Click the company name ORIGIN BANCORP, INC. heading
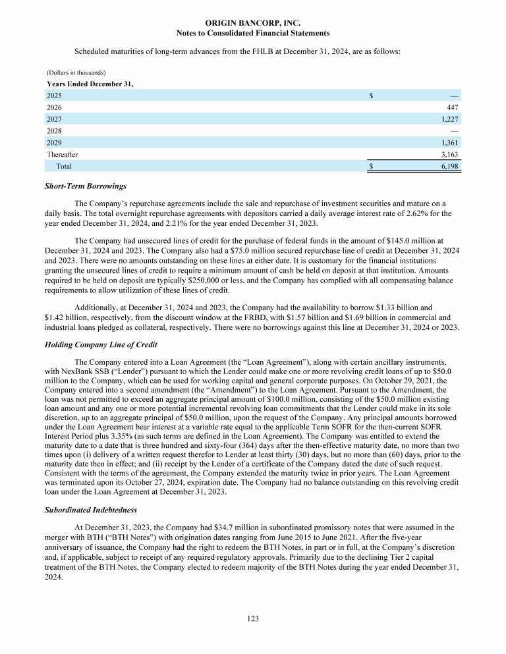pos(253,23)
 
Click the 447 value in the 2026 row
pos(452,107)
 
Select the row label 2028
pos(54,131)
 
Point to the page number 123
pos(253,618)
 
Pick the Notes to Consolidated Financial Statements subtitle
pos(253,33)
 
